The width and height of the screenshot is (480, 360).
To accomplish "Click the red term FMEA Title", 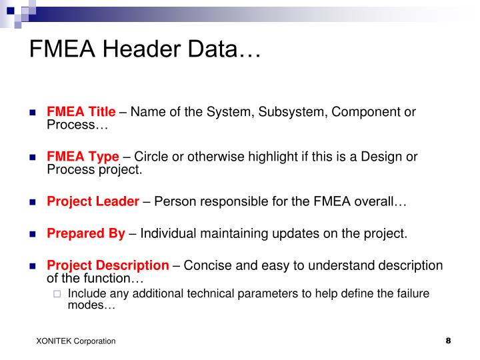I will point(81,111).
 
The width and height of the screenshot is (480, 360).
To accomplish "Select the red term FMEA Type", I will point(83,157).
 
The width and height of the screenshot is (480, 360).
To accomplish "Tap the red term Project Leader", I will point(93,201).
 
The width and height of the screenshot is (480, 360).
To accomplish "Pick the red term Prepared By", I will point(85,233).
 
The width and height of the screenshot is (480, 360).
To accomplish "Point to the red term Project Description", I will point(107,265).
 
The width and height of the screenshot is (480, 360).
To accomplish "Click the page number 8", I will point(448,341).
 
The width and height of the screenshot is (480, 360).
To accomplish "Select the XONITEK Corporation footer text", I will point(76,341).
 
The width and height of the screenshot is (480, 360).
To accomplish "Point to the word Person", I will point(173,201).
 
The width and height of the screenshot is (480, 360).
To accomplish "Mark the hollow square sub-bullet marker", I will point(57,294).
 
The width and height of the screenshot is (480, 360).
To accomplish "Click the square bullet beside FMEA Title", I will point(33,112).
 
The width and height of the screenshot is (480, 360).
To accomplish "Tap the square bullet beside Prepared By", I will point(33,234).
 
